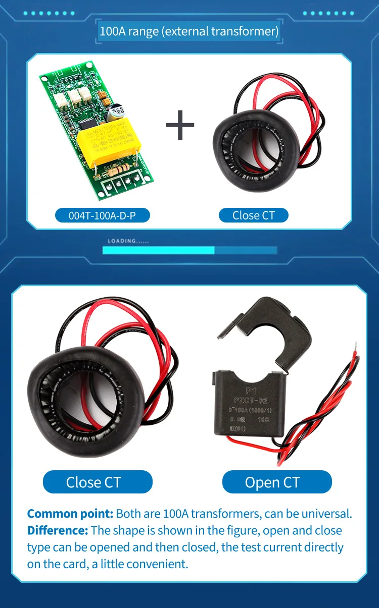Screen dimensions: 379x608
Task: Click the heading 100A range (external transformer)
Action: [x=189, y=31]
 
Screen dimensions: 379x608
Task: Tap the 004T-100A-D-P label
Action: [x=102, y=215]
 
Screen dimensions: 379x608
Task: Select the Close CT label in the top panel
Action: [x=253, y=215]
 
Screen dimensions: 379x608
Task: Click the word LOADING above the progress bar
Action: [x=122, y=241]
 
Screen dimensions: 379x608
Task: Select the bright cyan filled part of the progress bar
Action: [x=158, y=250]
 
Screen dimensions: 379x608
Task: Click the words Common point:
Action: [x=70, y=514]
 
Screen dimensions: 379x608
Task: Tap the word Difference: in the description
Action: [x=58, y=530]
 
